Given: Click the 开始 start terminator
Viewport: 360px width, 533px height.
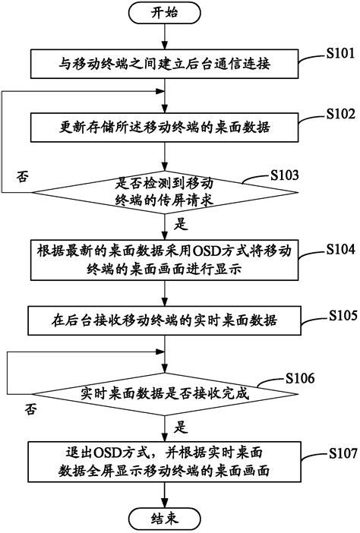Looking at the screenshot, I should pyautogui.click(x=164, y=12).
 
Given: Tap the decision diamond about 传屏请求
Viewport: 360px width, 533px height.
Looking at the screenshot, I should pyautogui.click(x=166, y=191).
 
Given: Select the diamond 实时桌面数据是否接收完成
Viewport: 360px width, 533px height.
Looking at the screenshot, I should pyautogui.click(x=165, y=394).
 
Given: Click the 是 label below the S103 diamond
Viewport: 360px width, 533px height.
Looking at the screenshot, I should pyautogui.click(x=182, y=225).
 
